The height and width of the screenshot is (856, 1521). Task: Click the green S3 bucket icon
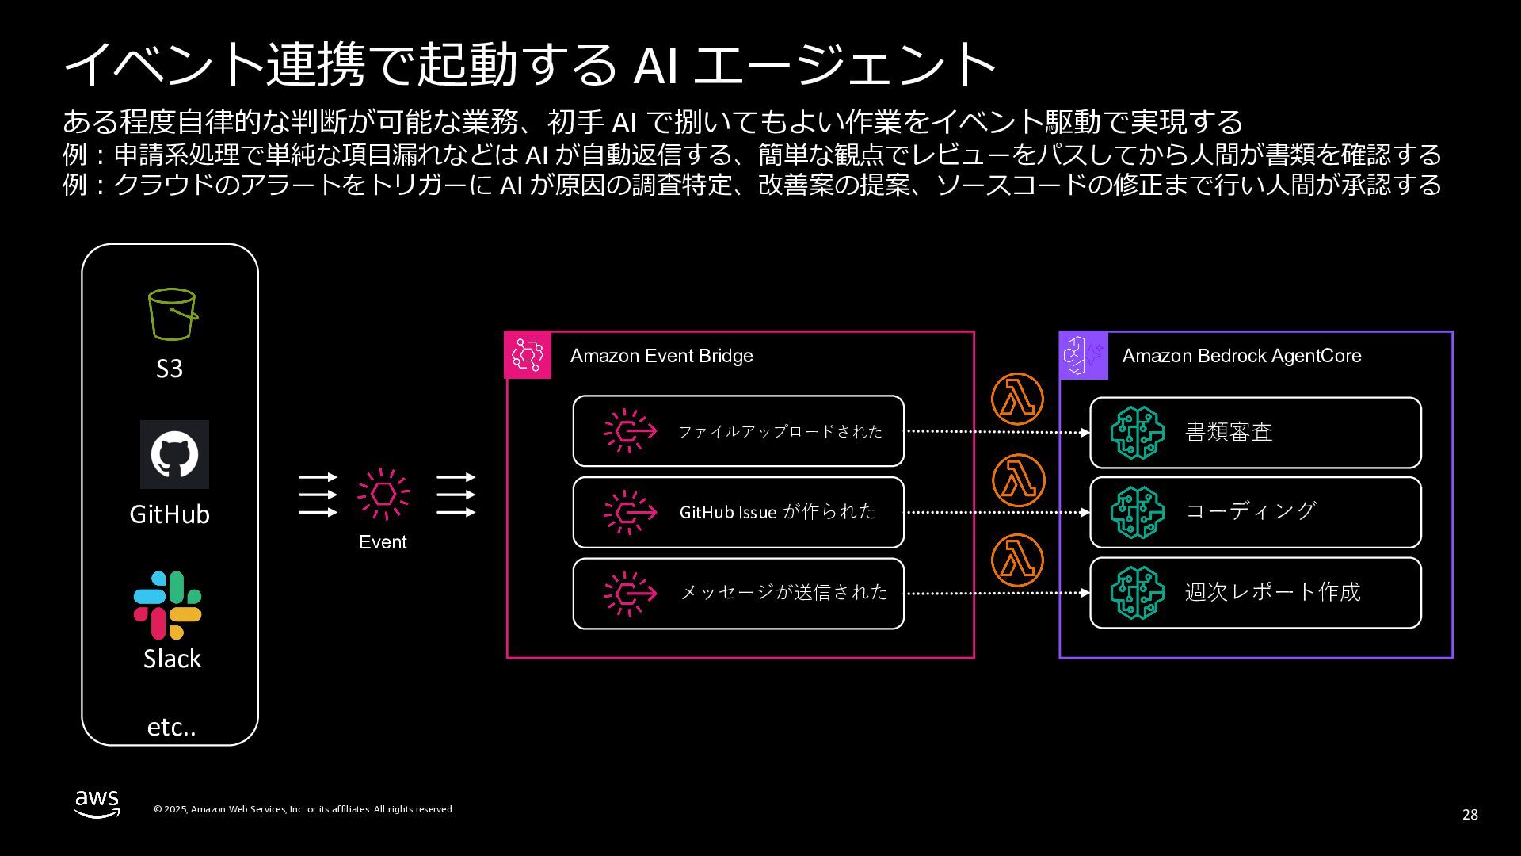click(x=172, y=315)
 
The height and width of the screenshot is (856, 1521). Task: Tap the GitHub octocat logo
click(x=174, y=454)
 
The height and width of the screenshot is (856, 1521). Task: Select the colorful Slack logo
click(x=168, y=605)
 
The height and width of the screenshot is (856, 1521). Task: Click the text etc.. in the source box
click(x=171, y=727)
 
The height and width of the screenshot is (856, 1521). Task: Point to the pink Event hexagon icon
click(x=383, y=495)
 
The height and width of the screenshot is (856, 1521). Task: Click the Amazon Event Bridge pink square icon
click(x=528, y=355)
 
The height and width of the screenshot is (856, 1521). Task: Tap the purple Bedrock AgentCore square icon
click(x=1083, y=355)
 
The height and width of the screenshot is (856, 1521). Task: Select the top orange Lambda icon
click(x=1017, y=399)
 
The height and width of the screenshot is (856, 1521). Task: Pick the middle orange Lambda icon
click(x=1018, y=480)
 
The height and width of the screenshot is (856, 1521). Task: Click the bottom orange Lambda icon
click(x=1017, y=560)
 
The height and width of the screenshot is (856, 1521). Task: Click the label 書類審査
click(x=1229, y=432)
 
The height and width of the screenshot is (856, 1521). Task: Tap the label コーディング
click(x=1251, y=511)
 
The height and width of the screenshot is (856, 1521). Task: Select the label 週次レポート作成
click(x=1272, y=592)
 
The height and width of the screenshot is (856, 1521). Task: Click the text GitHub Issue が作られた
click(x=777, y=512)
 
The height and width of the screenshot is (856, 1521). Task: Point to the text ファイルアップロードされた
click(x=780, y=431)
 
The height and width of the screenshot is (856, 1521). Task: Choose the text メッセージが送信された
click(x=783, y=592)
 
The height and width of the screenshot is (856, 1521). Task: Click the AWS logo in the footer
click(x=97, y=803)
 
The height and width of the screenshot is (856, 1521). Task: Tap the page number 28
click(x=1470, y=815)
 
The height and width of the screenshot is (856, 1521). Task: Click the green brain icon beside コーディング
click(x=1137, y=512)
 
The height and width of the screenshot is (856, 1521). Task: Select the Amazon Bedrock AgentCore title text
click(x=1241, y=356)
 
